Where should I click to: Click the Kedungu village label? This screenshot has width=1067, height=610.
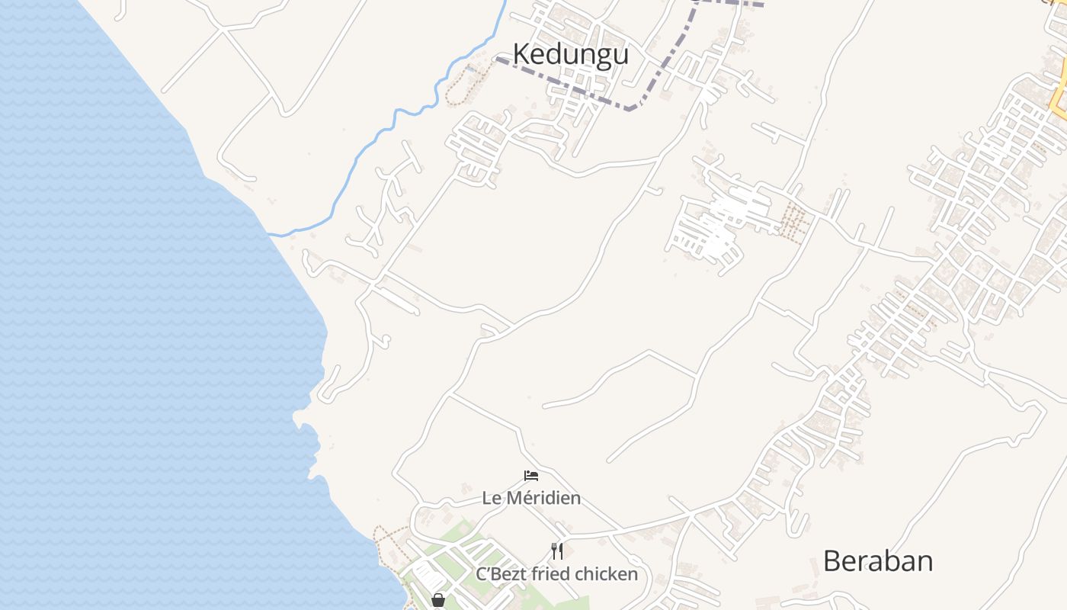(570, 55)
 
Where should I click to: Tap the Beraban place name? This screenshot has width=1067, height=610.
(878, 561)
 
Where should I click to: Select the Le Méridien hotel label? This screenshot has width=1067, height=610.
(531, 498)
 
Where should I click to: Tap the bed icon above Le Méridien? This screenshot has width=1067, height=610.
(531, 476)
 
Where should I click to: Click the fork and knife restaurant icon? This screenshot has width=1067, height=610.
(557, 551)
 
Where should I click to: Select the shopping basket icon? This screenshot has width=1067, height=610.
(438, 600)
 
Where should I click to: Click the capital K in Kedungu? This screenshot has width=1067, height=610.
(521, 55)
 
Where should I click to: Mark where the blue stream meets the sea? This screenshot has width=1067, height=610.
(273, 234)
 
